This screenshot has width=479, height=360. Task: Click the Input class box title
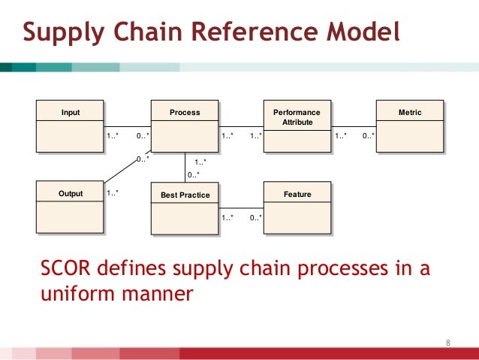(x=70, y=113)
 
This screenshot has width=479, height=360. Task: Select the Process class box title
(x=185, y=113)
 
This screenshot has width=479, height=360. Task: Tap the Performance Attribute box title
(x=297, y=116)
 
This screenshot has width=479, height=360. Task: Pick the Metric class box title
(x=410, y=113)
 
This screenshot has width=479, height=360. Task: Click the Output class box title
(x=71, y=195)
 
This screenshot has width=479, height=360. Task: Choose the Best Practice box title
(x=185, y=195)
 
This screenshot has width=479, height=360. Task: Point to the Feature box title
(x=297, y=195)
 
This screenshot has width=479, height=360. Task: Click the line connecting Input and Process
(x=127, y=126)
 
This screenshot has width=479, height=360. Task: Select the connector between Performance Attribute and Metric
(x=353, y=126)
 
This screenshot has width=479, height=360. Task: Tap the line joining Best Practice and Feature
(x=240, y=207)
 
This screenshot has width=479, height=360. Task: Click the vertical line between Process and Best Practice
(x=185, y=167)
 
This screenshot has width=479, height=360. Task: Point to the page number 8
(x=448, y=343)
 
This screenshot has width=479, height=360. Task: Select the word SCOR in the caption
(x=62, y=270)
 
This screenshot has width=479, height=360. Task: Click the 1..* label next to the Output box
(x=113, y=193)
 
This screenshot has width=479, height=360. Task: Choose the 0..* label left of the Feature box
(x=255, y=218)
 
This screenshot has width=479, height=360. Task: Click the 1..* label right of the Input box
(x=113, y=136)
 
